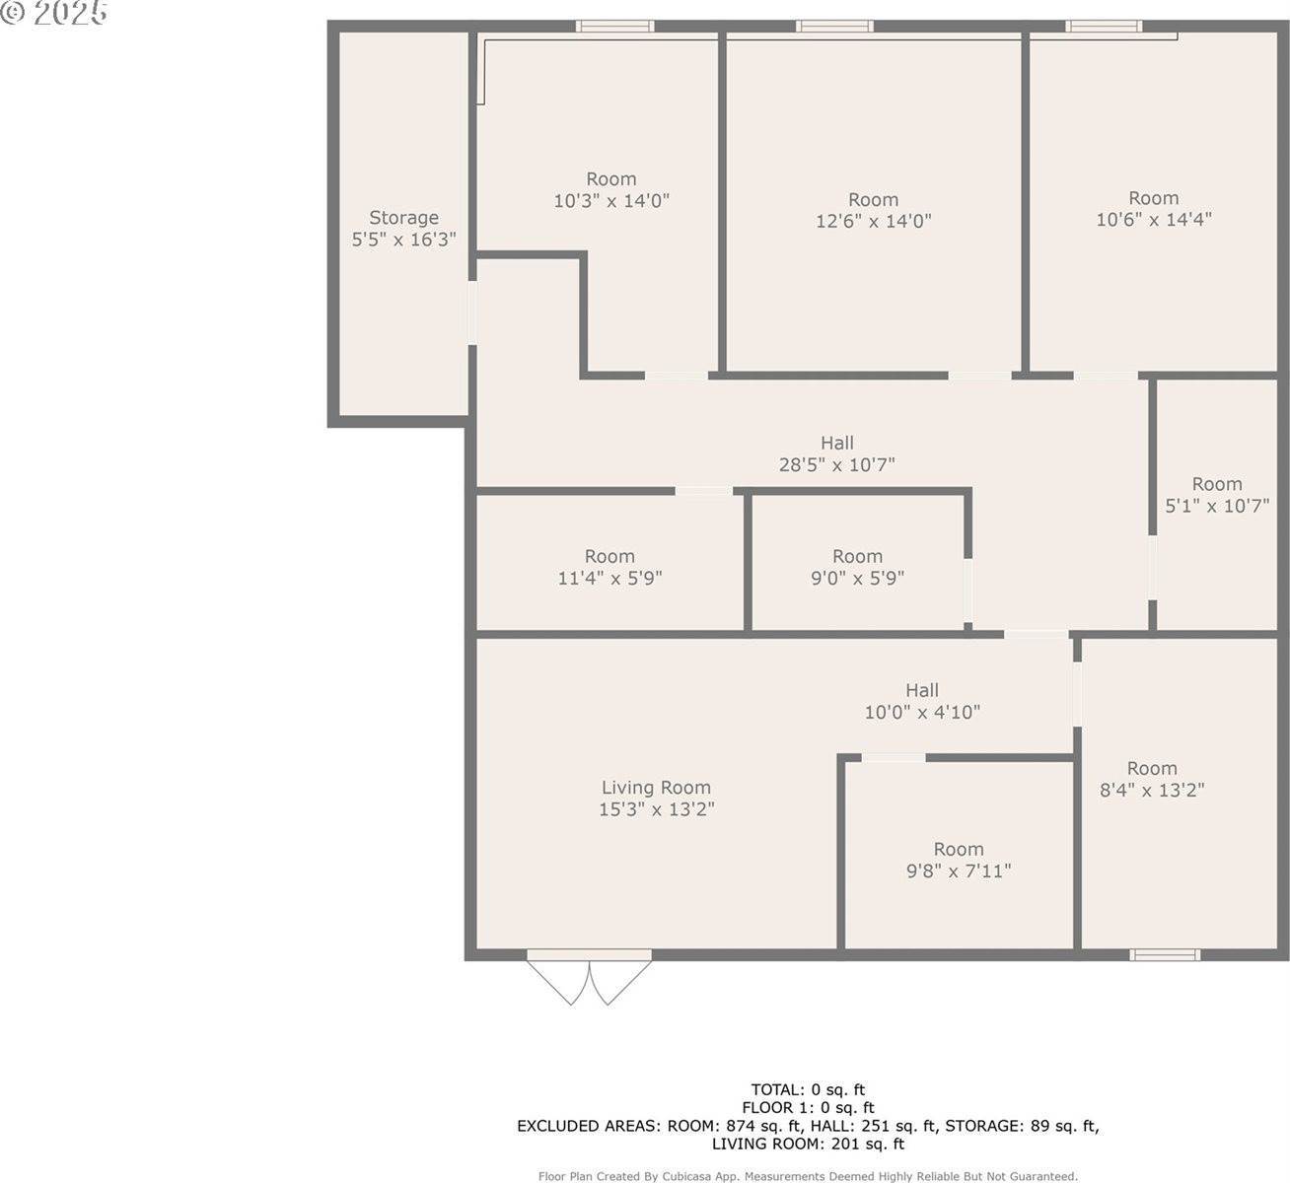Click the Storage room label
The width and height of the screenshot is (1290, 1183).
pos(403,218)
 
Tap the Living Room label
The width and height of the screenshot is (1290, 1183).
pos(656,788)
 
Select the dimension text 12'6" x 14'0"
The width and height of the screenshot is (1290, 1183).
pos(873,221)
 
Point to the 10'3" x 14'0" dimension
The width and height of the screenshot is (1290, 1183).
pos(611,200)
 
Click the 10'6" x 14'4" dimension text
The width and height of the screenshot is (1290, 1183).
pos(1154,219)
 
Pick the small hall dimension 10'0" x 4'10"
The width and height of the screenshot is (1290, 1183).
pos(922,712)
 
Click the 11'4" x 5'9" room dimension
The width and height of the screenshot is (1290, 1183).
pos(609,578)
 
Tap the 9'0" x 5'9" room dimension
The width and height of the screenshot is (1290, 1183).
pos(857,578)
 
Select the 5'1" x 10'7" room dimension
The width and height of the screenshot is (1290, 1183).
pos(1217,506)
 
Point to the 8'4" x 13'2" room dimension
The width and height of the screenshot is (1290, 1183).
pos(1152,790)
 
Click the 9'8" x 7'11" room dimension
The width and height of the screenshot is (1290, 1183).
pos(959,870)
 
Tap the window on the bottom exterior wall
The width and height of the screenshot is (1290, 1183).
pos(1165,954)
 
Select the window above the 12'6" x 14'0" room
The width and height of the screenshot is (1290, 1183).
pos(834,27)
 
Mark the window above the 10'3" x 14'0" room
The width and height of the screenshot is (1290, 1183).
pos(615,27)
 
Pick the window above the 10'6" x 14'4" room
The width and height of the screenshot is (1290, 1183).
pos(1104,27)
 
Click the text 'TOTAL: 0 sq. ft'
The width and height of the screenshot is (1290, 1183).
pos(808,1089)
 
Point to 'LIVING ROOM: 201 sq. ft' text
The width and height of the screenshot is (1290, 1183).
pos(808,1145)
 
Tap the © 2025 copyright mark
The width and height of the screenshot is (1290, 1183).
pos(54,13)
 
